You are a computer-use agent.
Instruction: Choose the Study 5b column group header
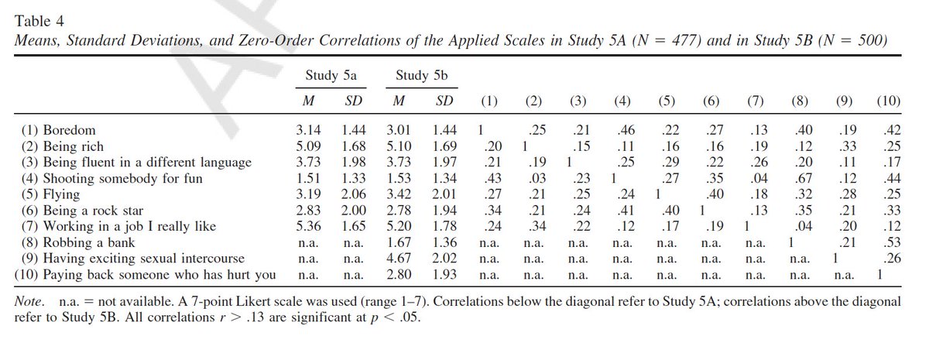pyautogui.click(x=423, y=76)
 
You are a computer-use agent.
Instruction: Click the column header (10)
pyautogui.click(x=886, y=101)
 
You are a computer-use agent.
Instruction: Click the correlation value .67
pyautogui.click(x=801, y=178)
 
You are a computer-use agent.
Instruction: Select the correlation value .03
pyautogui.click(x=533, y=178)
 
